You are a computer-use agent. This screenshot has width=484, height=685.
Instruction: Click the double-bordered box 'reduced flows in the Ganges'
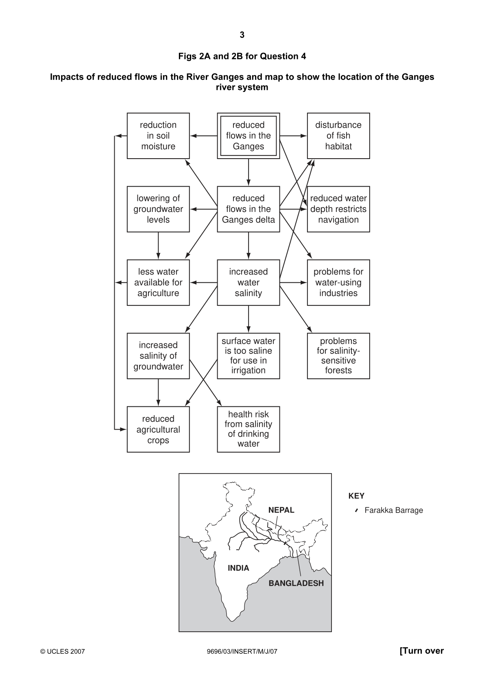coord(248,136)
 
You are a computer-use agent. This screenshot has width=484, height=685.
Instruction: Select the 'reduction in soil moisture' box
coord(158,136)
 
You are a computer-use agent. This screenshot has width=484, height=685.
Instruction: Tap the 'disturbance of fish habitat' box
coord(338,136)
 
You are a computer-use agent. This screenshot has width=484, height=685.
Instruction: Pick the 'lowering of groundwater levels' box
coord(158,209)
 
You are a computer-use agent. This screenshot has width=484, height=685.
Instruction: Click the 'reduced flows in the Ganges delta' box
coord(248,209)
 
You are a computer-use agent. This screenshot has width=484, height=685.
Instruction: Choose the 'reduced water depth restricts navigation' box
coord(338,209)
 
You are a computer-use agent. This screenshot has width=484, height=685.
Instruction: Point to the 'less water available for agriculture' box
coord(158,283)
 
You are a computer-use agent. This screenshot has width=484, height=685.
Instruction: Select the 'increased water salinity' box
coord(248,283)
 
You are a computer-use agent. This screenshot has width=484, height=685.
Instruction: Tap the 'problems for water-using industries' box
coord(338,283)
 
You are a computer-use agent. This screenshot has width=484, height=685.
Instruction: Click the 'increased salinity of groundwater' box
coord(158,356)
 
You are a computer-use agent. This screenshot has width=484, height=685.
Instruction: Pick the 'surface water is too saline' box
coord(248,356)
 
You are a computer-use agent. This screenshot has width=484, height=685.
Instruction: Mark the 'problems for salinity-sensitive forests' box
coord(338,356)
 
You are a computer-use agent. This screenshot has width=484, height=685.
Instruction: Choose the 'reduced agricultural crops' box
coord(158,430)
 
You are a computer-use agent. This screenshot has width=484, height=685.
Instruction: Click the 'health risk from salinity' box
coord(248,430)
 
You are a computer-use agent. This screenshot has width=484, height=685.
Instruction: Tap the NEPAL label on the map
coord(281,510)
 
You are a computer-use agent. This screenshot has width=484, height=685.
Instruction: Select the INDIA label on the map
coord(238,568)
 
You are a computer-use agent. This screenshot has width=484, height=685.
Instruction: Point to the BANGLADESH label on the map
coord(296,583)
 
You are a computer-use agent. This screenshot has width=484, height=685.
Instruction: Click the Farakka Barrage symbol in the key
coord(357,510)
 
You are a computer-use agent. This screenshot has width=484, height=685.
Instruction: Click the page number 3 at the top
coord(242,35)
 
